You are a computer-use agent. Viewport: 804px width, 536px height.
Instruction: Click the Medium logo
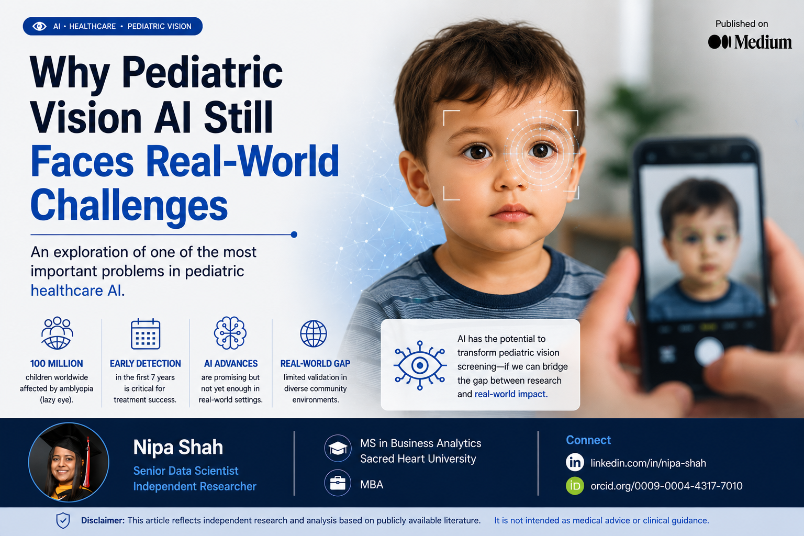tap(750, 42)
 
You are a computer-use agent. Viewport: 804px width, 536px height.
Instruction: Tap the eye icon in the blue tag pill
tap(39, 26)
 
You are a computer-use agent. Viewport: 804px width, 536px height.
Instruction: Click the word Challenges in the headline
tap(129, 205)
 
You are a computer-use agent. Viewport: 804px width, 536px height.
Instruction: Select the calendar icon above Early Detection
tap(146, 333)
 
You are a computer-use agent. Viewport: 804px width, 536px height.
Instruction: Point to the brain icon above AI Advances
tap(230, 333)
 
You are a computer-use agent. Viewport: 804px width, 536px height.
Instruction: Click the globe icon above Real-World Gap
tap(314, 333)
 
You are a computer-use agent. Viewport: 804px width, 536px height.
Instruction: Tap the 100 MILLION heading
tap(57, 364)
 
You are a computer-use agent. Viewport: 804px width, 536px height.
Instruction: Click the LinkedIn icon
tap(575, 462)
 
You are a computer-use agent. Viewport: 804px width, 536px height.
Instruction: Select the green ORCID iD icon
tap(575, 486)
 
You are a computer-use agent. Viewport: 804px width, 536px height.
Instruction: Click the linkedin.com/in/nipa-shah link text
tap(648, 463)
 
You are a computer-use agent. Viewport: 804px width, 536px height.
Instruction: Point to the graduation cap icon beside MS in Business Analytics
tap(338, 448)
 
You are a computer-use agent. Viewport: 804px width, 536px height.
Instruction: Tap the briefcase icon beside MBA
tap(338, 483)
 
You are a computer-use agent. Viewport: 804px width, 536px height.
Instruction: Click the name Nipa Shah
tap(178, 448)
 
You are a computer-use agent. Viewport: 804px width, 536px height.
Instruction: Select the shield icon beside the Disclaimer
tap(63, 521)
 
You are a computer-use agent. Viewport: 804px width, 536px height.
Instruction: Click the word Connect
tap(588, 440)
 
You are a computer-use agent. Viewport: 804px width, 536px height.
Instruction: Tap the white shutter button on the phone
tap(709, 352)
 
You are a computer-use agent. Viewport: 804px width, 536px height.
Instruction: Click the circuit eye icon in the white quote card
tap(420, 365)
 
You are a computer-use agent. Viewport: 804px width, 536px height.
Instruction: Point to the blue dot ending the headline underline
tap(294, 235)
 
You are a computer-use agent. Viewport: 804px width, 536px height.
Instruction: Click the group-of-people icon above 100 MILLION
tap(57, 333)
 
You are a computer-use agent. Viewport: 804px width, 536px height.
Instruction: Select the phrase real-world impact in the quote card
tap(511, 394)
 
